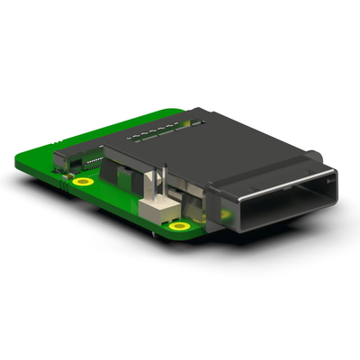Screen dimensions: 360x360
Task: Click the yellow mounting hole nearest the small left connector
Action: pyautogui.click(x=84, y=182)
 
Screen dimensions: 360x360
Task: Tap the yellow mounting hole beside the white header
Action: pyautogui.click(x=180, y=226)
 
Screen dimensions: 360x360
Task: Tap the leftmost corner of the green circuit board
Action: pyautogui.click(x=19, y=162)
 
